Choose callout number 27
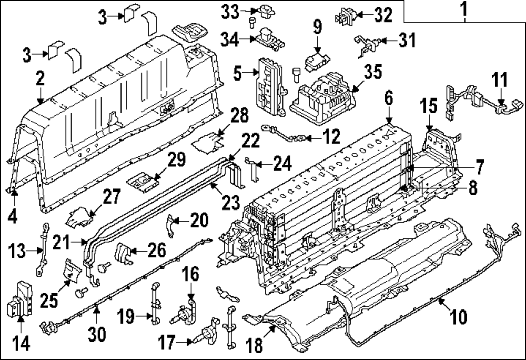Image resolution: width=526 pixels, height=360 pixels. (112, 198)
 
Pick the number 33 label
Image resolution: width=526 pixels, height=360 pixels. (230, 10)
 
